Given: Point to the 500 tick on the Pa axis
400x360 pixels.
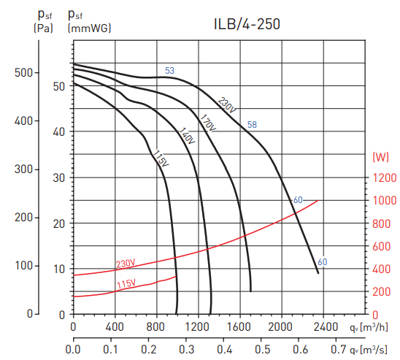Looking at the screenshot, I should coord(23,72).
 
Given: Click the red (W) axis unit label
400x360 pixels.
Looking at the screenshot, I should coord(380,157).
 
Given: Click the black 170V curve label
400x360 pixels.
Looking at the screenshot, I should coord(207,122).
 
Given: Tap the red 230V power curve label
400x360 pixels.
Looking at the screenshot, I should coord(126,264).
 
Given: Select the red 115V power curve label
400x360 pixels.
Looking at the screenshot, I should coord(126,283).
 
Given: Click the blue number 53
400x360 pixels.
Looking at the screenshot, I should coord(169,71).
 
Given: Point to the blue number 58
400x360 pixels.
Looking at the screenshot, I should coord(252,124).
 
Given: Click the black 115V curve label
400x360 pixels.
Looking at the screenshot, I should coord(161,158).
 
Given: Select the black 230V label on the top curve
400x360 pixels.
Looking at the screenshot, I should coord(228,104).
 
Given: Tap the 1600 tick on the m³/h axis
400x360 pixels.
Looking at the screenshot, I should coord(241,326).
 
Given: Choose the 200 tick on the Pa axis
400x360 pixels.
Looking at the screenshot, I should coord(23,218).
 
